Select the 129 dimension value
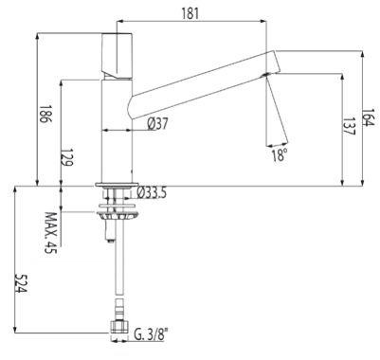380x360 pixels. (x=67, y=157)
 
